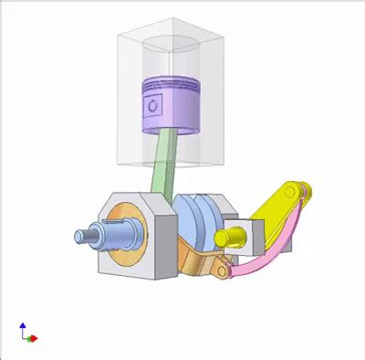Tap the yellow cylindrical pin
229,239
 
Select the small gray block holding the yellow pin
250,236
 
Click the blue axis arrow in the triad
22,326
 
